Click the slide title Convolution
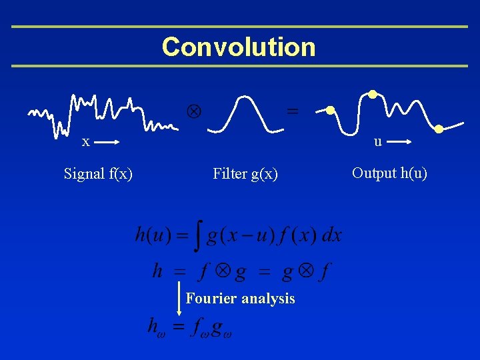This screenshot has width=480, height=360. point(239,47)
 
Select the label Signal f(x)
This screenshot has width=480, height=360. point(98,174)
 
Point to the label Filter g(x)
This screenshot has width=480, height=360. point(245,174)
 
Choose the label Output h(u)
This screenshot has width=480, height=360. point(389,173)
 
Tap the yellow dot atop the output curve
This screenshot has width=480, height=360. point(373,94)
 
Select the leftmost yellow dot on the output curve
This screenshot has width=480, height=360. point(330,110)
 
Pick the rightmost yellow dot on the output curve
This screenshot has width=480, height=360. point(439,129)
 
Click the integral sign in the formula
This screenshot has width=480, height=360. point(198,236)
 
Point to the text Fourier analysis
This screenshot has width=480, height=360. point(240,299)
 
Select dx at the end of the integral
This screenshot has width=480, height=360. point(331,235)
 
